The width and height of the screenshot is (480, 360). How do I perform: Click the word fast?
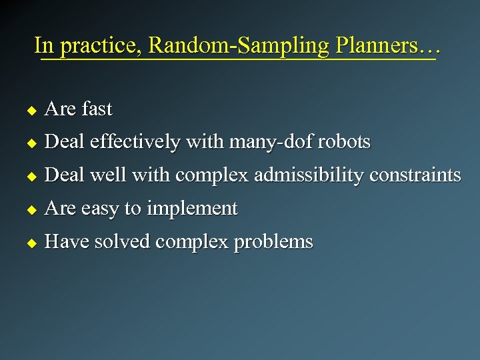97,108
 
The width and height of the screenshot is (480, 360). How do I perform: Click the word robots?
345,141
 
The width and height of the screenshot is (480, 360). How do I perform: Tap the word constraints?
415,175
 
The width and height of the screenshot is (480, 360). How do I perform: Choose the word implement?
191,209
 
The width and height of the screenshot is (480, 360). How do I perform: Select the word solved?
123,241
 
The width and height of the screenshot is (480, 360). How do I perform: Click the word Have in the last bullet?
66,241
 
